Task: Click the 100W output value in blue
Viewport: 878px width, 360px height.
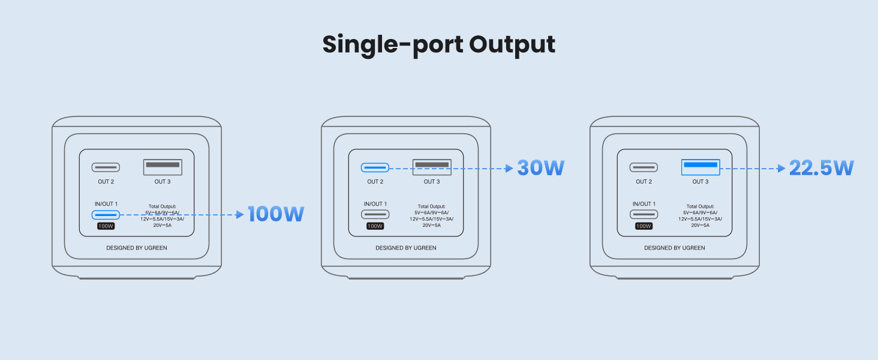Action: click(x=276, y=214)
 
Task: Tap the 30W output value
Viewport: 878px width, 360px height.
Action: click(x=541, y=168)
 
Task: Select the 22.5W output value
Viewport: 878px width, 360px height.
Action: click(x=821, y=168)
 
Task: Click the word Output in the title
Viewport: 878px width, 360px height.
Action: click(x=512, y=45)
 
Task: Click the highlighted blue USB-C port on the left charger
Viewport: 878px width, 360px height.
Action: click(x=106, y=215)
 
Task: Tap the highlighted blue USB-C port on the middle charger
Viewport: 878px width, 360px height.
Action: click(x=375, y=167)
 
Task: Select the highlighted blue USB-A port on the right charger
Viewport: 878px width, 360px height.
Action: click(x=700, y=167)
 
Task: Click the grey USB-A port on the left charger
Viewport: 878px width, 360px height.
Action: click(x=163, y=167)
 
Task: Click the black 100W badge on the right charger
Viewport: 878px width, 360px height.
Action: click(x=644, y=226)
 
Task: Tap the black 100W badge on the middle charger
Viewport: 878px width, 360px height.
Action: click(x=375, y=226)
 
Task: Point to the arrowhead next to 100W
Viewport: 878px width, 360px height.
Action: click(x=240, y=214)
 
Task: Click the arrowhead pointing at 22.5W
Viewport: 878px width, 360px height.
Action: click(x=781, y=169)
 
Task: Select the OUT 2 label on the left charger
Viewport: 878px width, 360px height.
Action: click(x=106, y=182)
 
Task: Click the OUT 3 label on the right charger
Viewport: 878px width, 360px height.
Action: click(x=700, y=182)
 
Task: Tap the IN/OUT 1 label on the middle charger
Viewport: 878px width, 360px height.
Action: click(x=375, y=204)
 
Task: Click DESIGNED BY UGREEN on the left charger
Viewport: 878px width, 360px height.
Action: click(x=137, y=248)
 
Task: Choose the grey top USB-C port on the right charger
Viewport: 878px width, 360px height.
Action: click(x=644, y=167)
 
